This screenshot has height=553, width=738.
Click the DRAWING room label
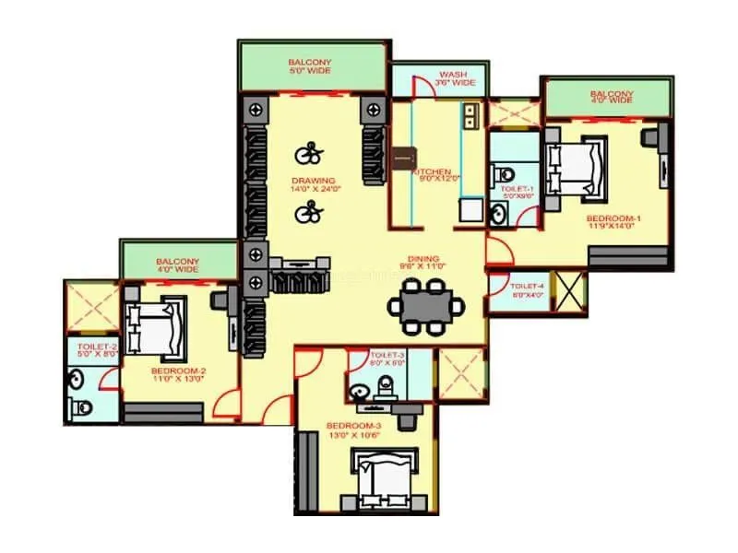(314, 179)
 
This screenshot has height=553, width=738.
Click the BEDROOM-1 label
(613, 218)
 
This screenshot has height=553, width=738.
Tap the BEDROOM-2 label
(178, 371)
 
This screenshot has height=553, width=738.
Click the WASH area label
(452, 74)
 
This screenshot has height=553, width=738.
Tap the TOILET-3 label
(387, 355)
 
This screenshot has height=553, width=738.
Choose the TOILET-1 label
(513, 189)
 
